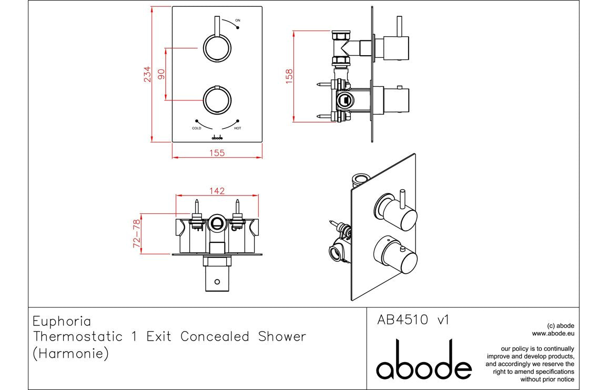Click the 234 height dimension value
click(148, 74)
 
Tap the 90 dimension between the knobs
click(161, 74)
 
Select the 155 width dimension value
click(217, 153)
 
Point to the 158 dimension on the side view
click(289, 76)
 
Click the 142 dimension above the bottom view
click(217, 191)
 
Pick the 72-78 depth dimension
click(137, 233)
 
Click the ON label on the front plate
click(238, 20)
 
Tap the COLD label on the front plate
click(197, 128)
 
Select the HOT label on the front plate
click(237, 128)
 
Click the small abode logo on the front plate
click(217, 137)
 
